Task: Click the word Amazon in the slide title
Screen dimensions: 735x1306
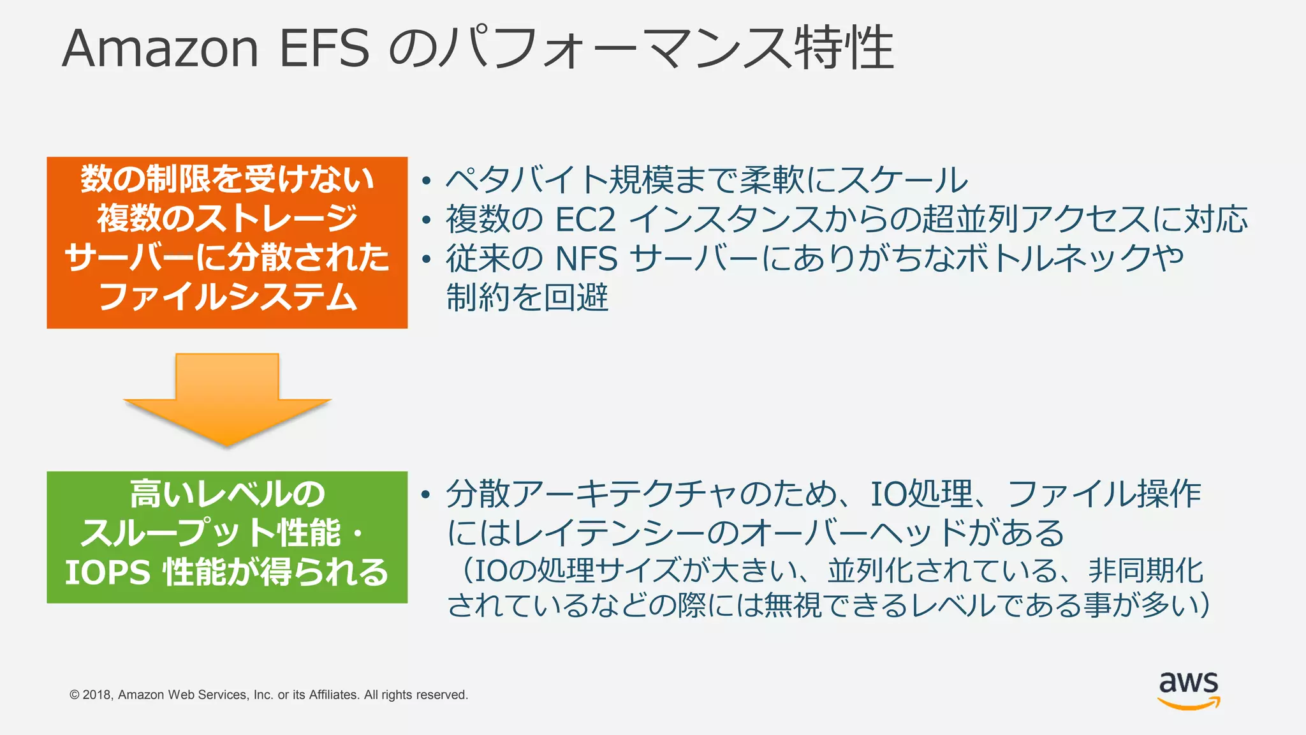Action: click(x=160, y=48)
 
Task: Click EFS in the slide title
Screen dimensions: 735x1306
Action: click(x=324, y=48)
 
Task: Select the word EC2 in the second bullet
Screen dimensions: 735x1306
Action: click(x=585, y=219)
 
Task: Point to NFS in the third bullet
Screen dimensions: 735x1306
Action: click(x=587, y=259)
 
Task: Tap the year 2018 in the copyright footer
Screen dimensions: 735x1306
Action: click(x=98, y=695)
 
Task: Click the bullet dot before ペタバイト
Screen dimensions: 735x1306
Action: click(x=427, y=181)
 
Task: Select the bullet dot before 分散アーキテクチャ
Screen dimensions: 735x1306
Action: click(x=427, y=495)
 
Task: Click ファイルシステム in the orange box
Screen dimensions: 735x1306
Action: click(x=228, y=297)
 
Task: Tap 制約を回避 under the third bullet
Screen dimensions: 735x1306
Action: click(x=527, y=298)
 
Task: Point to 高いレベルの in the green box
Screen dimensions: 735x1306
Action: click(x=228, y=494)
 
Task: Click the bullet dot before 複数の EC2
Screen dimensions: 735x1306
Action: click(x=427, y=221)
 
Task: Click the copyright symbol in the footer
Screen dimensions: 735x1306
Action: click(x=75, y=695)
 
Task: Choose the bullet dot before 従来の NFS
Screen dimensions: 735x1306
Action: click(x=427, y=260)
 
